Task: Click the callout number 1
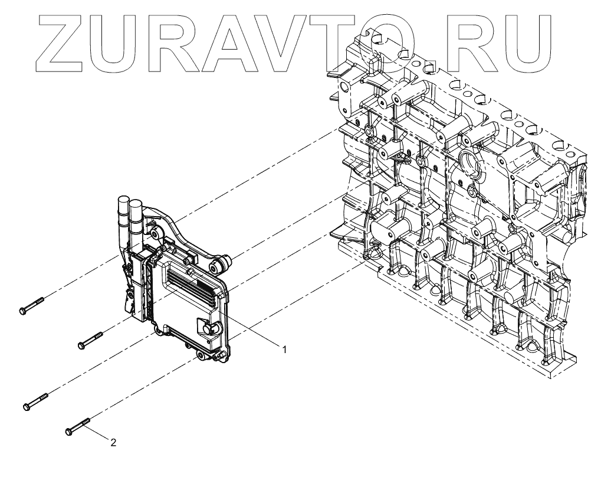[x=284, y=350]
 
